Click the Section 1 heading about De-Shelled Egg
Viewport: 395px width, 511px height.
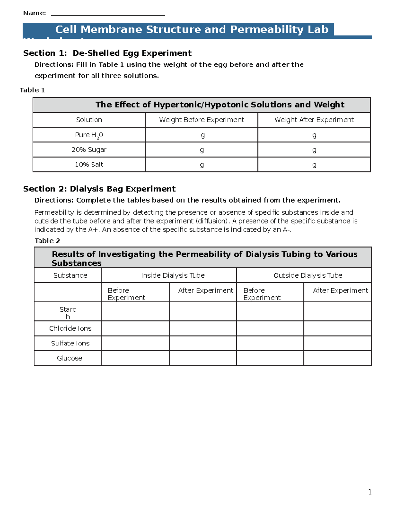click(107, 53)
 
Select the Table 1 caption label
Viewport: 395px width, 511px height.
click(32, 90)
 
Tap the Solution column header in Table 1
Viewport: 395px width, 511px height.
click(89, 120)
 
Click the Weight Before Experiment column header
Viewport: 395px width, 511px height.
click(201, 120)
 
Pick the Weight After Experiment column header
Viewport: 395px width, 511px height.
click(314, 120)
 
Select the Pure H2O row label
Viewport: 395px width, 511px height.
click(89, 135)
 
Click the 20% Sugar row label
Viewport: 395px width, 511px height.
click(89, 150)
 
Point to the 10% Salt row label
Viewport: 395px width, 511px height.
click(89, 165)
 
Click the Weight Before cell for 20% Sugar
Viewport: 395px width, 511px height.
click(201, 150)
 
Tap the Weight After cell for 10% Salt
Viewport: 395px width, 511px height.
click(314, 165)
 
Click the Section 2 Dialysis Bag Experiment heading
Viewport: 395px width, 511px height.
click(99, 189)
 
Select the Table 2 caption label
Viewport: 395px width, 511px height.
click(47, 241)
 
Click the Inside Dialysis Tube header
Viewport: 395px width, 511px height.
click(173, 275)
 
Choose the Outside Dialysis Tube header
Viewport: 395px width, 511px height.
click(308, 275)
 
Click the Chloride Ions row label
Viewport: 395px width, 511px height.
click(70, 328)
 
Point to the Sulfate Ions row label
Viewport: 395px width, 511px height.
click(70, 343)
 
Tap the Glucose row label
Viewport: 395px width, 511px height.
click(69, 358)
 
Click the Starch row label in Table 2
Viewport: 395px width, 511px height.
click(68, 313)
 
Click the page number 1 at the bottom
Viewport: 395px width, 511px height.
click(370, 492)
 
